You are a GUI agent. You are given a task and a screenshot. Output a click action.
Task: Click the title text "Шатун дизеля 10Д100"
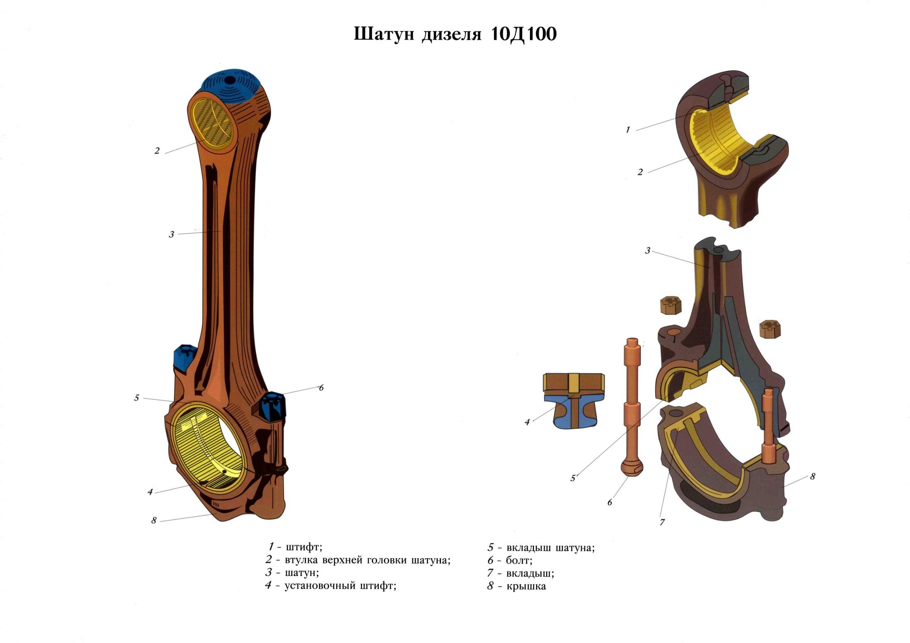[455, 34]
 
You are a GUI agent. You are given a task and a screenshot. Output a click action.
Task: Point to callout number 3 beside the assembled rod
[171, 235]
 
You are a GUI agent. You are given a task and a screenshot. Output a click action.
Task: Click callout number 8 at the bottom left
[154, 520]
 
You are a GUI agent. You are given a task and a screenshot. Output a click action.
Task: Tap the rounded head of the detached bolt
[632, 467]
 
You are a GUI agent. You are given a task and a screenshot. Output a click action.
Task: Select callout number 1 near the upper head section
[627, 130]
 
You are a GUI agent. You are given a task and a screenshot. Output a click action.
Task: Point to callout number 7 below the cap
[662, 522]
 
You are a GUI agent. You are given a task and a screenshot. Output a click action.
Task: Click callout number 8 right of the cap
[812, 476]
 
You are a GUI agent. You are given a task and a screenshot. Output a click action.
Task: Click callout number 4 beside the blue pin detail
[527, 422]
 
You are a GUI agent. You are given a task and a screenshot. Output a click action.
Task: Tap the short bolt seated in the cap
[768, 426]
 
